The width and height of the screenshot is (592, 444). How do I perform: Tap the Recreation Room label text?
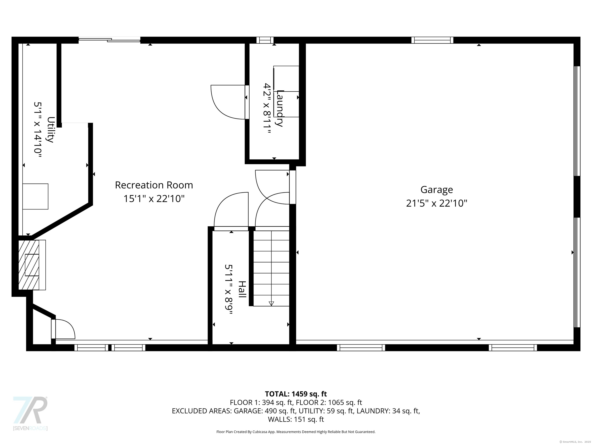point(154,185)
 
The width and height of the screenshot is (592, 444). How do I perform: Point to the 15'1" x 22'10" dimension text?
point(154,198)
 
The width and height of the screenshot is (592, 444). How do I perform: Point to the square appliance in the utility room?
point(35,196)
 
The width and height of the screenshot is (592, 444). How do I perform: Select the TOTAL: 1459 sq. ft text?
point(296,394)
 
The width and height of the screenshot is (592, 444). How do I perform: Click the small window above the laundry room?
point(265,40)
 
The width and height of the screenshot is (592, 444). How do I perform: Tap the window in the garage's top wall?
point(432,40)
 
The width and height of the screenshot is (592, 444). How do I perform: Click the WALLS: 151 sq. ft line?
point(296,419)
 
